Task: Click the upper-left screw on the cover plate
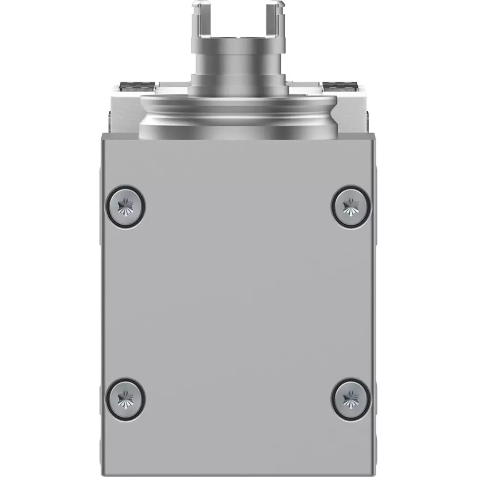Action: (125, 206)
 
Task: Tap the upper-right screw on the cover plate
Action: (351, 206)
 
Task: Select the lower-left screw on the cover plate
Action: (125, 398)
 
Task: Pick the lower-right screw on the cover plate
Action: (351, 398)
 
